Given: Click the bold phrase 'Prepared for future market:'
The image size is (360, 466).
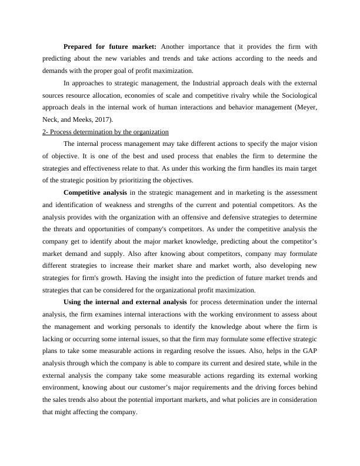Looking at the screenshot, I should click(x=110, y=46).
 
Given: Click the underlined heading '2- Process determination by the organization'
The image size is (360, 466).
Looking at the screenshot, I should click(x=105, y=131).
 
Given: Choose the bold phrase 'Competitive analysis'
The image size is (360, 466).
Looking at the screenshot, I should click(x=95, y=192).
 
